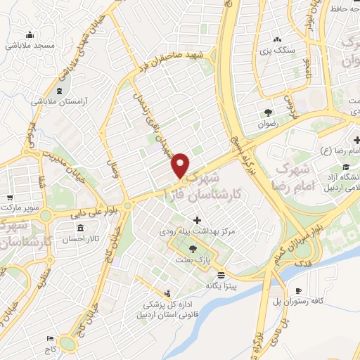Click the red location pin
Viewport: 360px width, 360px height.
(x=181, y=165)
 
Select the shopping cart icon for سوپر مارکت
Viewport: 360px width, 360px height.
(x=10, y=198)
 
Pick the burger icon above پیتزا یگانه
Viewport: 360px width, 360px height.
(x=221, y=274)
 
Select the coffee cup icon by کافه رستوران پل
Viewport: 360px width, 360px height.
(x=298, y=290)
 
